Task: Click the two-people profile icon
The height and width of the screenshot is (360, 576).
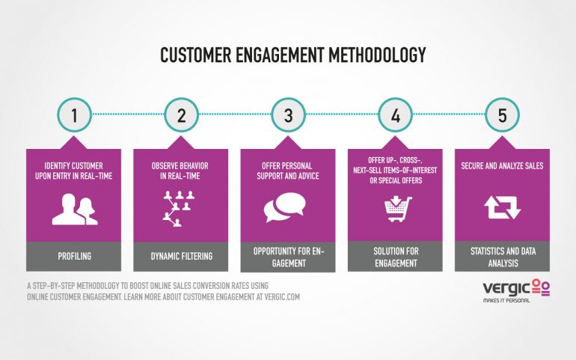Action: point(75,210)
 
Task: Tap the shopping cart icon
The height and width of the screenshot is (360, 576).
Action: point(398,209)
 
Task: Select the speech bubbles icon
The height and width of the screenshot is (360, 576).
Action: point(285,207)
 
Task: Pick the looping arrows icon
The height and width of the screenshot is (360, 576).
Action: point(502,207)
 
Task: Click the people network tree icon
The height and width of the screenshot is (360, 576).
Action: point(179,209)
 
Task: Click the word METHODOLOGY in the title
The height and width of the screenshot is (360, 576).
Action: point(377,55)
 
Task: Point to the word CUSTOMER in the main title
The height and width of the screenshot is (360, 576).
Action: point(196,55)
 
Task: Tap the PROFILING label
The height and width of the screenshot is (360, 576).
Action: point(74,256)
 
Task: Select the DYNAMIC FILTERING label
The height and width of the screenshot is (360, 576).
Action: point(182,256)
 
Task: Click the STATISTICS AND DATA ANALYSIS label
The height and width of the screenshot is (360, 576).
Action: point(503,257)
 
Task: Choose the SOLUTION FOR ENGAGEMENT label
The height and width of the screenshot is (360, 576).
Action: point(396,257)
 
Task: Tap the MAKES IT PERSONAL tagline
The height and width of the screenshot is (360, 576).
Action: point(506,300)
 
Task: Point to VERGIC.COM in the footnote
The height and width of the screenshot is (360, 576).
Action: point(282,296)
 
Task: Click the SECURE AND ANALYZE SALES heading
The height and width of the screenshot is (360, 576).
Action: point(502,166)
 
